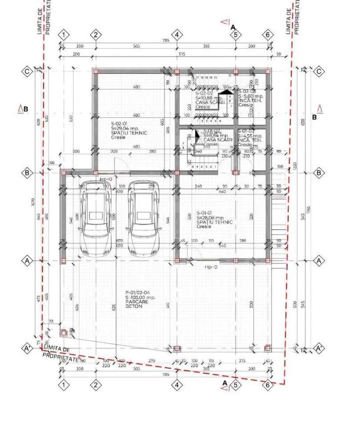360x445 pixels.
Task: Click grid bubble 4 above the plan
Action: click(x=177, y=35)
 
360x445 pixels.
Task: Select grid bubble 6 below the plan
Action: click(x=267, y=385)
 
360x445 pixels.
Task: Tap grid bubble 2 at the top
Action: click(x=95, y=35)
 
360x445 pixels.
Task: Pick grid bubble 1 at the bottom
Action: click(x=64, y=385)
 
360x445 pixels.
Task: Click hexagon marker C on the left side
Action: click(x=27, y=71)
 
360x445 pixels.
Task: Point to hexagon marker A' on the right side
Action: click(x=319, y=348)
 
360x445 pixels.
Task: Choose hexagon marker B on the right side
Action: click(x=319, y=173)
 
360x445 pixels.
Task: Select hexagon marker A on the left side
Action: click(x=27, y=261)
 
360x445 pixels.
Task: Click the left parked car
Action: click(x=96, y=218)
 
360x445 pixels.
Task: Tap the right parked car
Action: click(x=144, y=218)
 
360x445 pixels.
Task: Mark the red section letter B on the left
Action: click(x=23, y=109)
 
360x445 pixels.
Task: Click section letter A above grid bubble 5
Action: click(x=232, y=27)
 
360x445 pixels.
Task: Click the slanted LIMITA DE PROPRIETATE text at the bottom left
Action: click(x=61, y=355)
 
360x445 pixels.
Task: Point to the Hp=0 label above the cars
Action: click(x=105, y=179)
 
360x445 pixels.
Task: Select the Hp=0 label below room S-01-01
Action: click(x=210, y=267)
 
